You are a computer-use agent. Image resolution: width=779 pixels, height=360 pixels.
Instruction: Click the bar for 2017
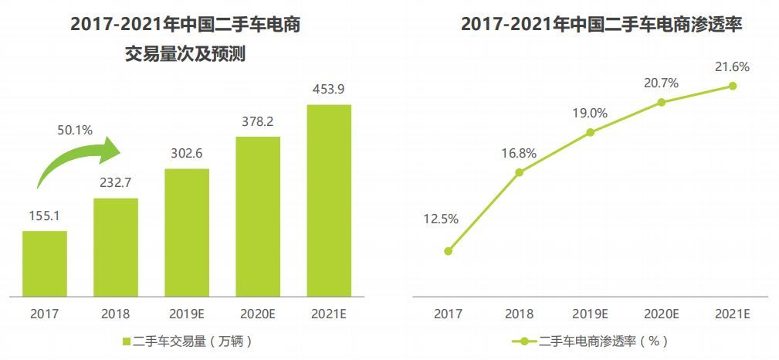pos(45,263)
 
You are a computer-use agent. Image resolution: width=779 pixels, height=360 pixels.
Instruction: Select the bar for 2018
pos(116,247)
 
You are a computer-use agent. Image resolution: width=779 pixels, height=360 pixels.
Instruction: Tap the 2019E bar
pos(187,233)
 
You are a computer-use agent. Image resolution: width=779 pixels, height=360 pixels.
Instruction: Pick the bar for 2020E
pos(258,216)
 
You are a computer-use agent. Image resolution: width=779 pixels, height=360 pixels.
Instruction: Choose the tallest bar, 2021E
pos(329,200)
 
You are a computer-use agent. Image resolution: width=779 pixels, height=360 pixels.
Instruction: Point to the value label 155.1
pos(45,216)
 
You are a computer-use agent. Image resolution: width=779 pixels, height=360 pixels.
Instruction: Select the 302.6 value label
pos(187,153)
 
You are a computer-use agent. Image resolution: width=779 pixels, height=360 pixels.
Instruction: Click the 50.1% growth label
pos(75,131)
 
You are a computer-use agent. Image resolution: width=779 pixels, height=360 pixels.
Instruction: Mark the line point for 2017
pos(448,251)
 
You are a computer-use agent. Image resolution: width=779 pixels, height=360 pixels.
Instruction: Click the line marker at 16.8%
pos(519,172)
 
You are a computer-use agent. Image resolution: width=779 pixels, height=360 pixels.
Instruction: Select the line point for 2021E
pos(733,86)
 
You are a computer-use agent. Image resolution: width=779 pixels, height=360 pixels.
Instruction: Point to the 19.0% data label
pos(590,114)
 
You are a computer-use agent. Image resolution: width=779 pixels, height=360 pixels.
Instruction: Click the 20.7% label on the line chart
pos(662,83)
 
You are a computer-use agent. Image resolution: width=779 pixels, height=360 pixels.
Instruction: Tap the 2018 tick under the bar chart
pos(116,314)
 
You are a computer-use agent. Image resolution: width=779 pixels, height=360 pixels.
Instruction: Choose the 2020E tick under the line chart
pos(662,314)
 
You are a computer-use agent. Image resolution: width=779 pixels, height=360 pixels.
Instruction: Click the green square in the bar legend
pos(126,341)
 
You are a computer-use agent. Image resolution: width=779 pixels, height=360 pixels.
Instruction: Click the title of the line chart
pos(601,25)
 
